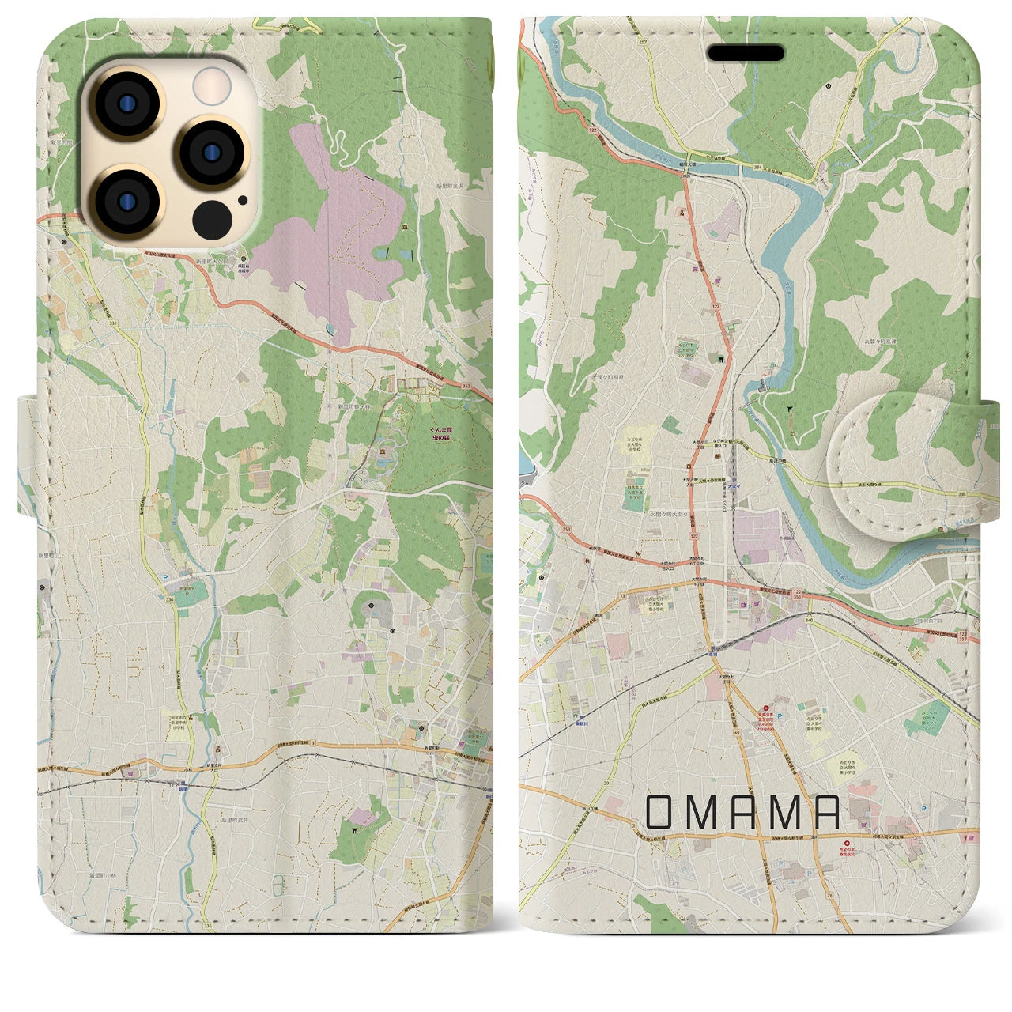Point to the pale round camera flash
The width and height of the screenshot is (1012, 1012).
point(213,84)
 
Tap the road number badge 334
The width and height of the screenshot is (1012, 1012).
point(758,167)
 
